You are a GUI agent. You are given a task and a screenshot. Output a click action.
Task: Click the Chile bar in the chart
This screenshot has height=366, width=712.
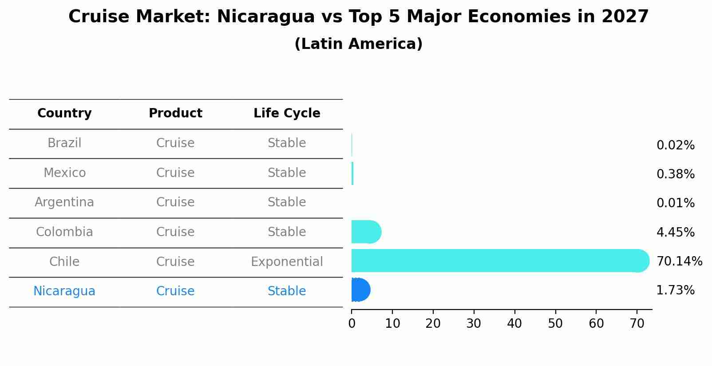coord(500,261)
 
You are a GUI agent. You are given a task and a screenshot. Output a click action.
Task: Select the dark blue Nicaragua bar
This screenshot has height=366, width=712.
coord(361,290)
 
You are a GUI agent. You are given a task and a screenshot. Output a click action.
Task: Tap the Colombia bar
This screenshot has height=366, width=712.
coord(366,232)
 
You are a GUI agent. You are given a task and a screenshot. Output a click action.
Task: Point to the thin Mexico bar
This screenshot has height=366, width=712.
coord(352,173)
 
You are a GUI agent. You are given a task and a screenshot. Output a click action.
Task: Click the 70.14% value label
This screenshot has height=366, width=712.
coord(679,261)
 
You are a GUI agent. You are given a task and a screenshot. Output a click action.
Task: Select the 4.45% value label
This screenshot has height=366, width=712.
coord(676,232)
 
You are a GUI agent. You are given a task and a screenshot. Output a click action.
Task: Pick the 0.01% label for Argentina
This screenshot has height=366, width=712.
coord(676,203)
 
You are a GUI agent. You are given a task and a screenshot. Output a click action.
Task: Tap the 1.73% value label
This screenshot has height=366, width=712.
coord(676,290)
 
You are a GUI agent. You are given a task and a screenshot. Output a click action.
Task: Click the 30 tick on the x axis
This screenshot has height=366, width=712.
coord(474,323)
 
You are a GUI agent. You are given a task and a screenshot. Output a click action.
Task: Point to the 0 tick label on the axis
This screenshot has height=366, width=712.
coord(352,323)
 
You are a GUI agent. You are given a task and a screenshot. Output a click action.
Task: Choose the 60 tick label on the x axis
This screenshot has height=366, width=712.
coord(596,323)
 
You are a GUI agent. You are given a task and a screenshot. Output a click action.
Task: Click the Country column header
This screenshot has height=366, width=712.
coord(64,113)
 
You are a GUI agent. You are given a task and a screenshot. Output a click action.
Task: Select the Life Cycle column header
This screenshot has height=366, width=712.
coord(287,113)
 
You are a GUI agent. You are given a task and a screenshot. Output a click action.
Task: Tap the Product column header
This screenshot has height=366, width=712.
coord(175,113)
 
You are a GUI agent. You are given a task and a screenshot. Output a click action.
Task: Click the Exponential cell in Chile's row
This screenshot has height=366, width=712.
coord(287,262)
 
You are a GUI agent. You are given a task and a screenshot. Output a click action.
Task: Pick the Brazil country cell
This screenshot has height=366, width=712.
coord(64,143)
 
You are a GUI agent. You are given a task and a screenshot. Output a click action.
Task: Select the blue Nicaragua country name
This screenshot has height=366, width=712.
coord(64,291)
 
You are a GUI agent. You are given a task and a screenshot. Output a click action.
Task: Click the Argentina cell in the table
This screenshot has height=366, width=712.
coord(64,202)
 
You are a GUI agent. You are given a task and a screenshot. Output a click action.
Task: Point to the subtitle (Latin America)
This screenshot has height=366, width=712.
coord(359,44)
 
